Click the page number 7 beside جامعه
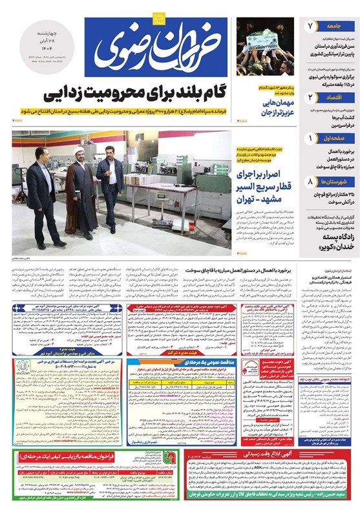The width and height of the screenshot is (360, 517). click(x=310, y=26)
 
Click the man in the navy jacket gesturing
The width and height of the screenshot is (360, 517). click(x=109, y=181)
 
